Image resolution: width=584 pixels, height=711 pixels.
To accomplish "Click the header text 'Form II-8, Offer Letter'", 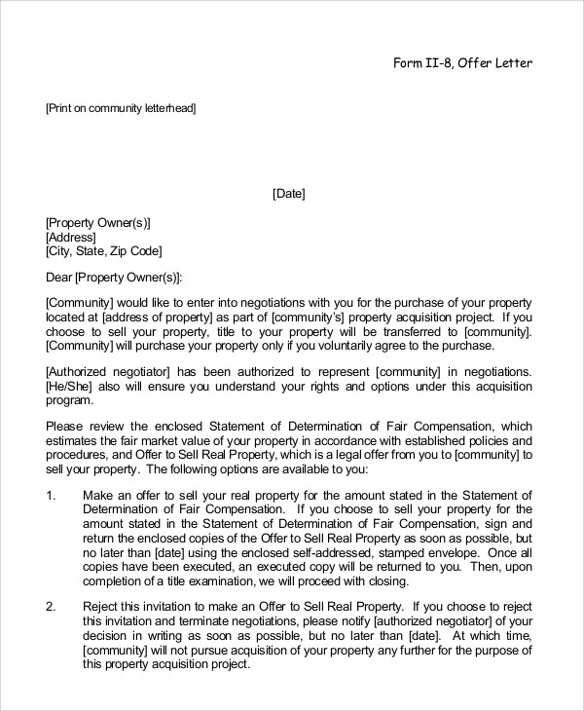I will [x=462, y=64].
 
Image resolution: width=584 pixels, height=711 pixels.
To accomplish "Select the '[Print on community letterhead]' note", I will [x=121, y=109].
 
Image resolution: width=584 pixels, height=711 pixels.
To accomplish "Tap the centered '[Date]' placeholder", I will [x=288, y=194].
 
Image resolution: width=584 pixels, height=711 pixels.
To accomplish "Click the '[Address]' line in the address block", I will [x=70, y=237].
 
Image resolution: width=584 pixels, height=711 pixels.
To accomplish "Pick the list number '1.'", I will [x=52, y=496].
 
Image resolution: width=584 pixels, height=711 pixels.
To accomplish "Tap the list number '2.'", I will [x=52, y=605].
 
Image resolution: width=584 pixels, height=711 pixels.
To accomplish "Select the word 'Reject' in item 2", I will [x=101, y=605].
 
